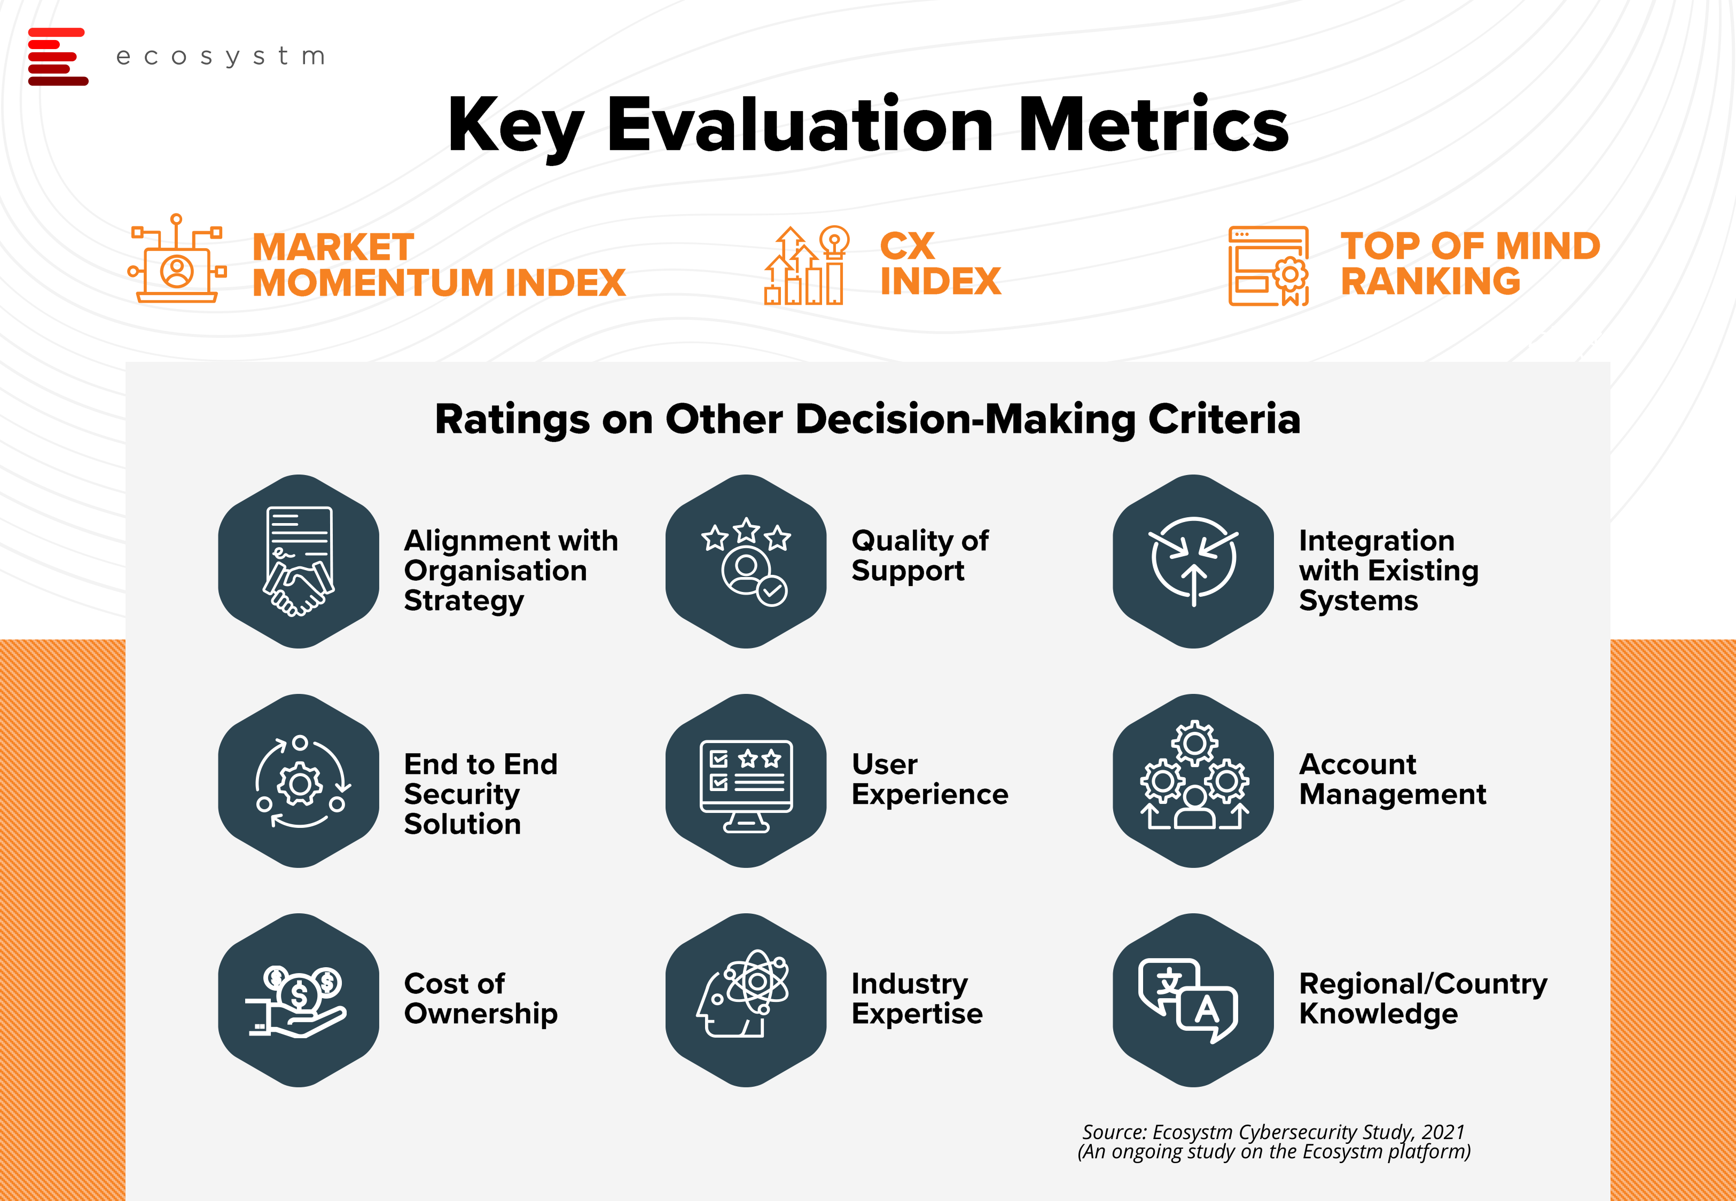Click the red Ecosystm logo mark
point(58,57)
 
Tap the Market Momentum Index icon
point(177,258)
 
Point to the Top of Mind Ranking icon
point(1269,266)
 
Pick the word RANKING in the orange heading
point(1430,281)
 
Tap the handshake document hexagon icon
point(299,562)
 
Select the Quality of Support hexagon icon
point(746,562)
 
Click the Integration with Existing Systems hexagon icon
point(1193,562)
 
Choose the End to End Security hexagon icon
point(299,781)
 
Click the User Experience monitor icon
point(746,781)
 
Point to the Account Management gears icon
point(1193,781)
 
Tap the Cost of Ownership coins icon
point(299,1000)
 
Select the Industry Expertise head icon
point(746,1000)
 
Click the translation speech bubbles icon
point(1193,1000)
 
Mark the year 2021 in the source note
point(1443,1132)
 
